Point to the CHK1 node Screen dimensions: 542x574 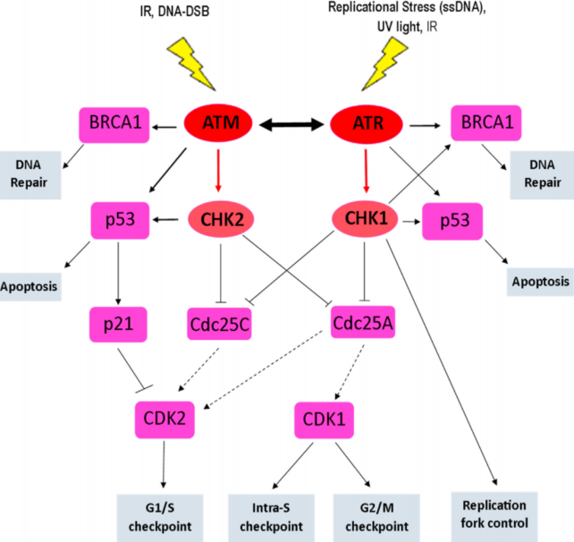pyautogui.click(x=365, y=218)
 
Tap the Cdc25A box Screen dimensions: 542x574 pyautogui.click(x=364, y=321)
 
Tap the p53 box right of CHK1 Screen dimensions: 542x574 pyautogui.click(x=447, y=220)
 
